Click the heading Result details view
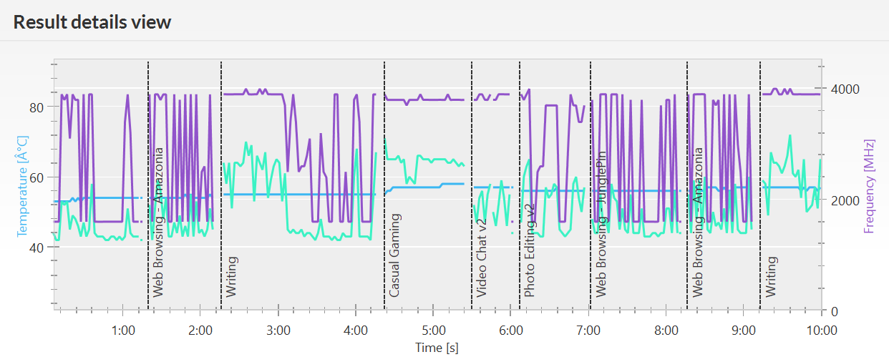click(x=92, y=22)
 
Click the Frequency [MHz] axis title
click(x=870, y=185)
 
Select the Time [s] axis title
click(x=437, y=348)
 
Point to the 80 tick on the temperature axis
click(x=37, y=107)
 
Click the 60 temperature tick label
click(x=37, y=177)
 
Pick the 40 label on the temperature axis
click(x=37, y=248)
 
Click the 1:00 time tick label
click(x=124, y=331)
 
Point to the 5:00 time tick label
click(x=434, y=331)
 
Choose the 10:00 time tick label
click(x=821, y=331)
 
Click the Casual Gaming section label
click(x=394, y=255)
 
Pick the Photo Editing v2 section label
click(x=530, y=250)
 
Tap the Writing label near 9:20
click(x=771, y=277)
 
